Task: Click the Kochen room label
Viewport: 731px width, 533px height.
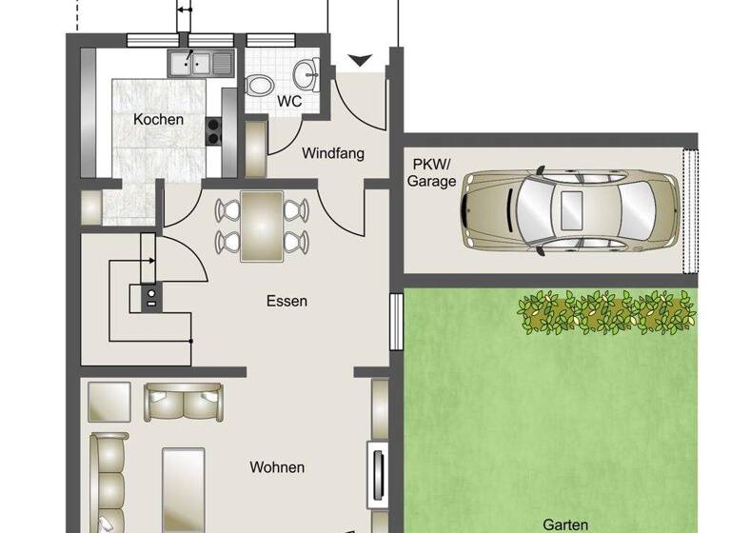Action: click(x=159, y=120)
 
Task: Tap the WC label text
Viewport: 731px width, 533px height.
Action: click(x=289, y=100)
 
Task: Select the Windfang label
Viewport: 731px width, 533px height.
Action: click(x=333, y=152)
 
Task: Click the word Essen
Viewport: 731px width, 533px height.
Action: click(x=286, y=301)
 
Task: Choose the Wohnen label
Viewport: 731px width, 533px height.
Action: click(x=277, y=467)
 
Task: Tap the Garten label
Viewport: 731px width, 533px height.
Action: click(x=565, y=523)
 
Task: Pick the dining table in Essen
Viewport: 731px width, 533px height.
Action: click(x=262, y=226)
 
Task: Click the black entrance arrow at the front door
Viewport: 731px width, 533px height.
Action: click(x=360, y=61)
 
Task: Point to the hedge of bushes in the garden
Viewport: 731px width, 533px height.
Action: click(x=606, y=311)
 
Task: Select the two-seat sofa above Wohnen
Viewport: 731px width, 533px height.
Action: click(x=184, y=402)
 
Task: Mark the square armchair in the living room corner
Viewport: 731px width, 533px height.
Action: click(x=109, y=402)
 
